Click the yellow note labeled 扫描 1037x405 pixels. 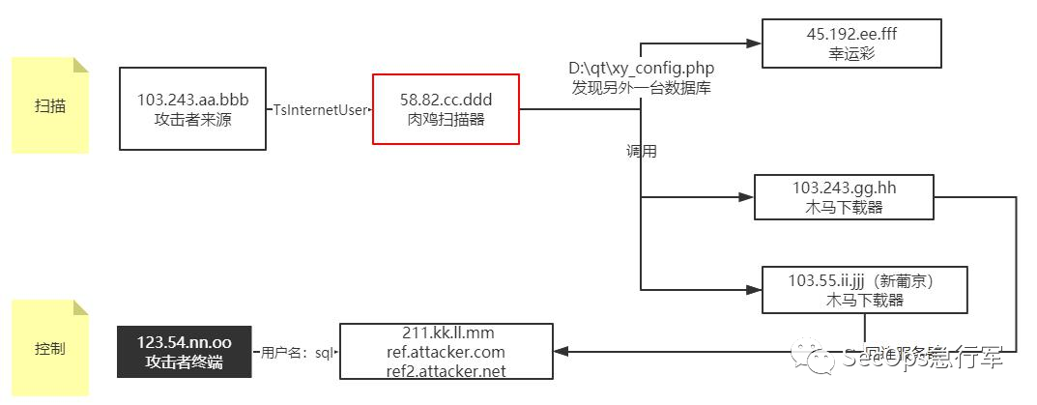click(50, 105)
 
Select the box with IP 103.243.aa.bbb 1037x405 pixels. click(192, 108)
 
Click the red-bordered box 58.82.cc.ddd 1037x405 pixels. click(446, 108)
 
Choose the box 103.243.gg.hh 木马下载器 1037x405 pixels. click(844, 196)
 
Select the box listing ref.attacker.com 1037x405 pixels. click(446, 351)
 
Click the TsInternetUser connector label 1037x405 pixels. click(319, 110)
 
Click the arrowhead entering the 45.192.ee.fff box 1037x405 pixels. click(755, 43)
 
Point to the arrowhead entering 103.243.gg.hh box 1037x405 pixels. click(746, 196)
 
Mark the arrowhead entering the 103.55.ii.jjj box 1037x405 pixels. click(754, 289)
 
